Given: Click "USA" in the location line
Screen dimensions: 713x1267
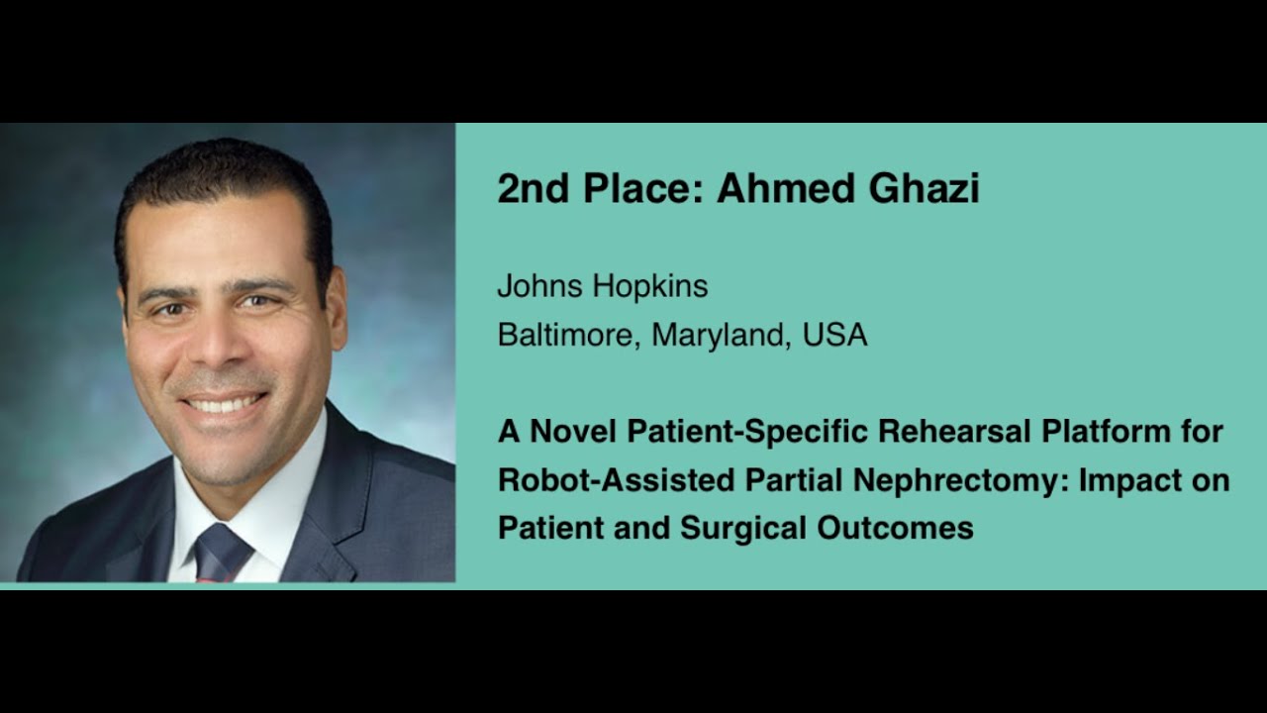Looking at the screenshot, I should point(835,336).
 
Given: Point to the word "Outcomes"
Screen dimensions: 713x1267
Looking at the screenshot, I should point(895,529).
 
